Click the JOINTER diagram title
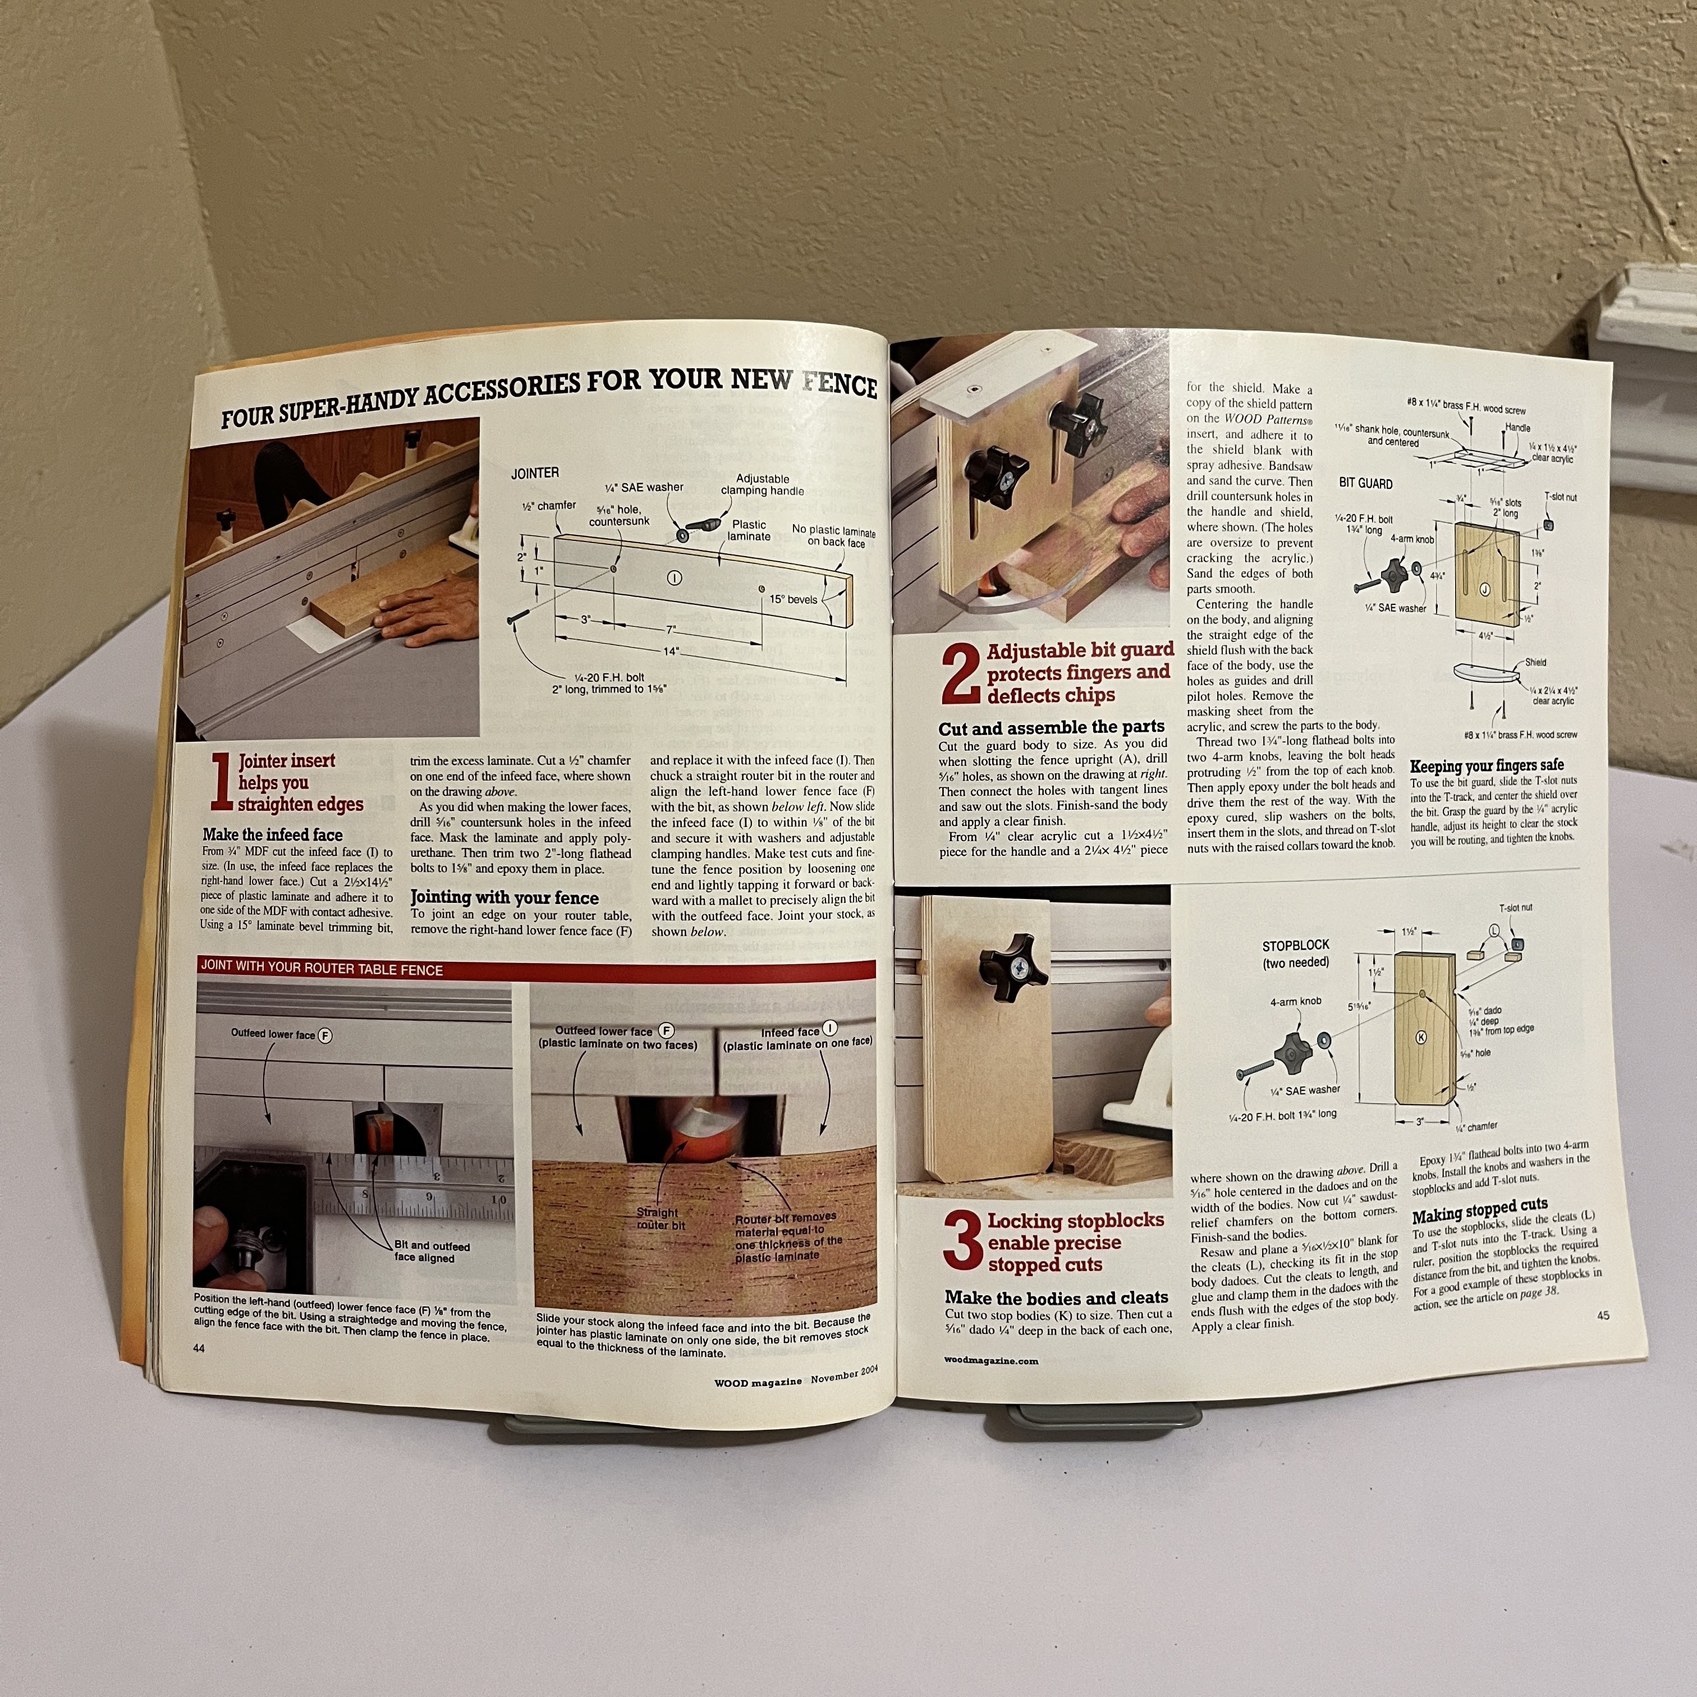(x=534, y=474)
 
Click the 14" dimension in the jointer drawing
(x=671, y=652)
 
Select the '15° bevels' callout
(x=793, y=599)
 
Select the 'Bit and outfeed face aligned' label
(x=432, y=1251)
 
